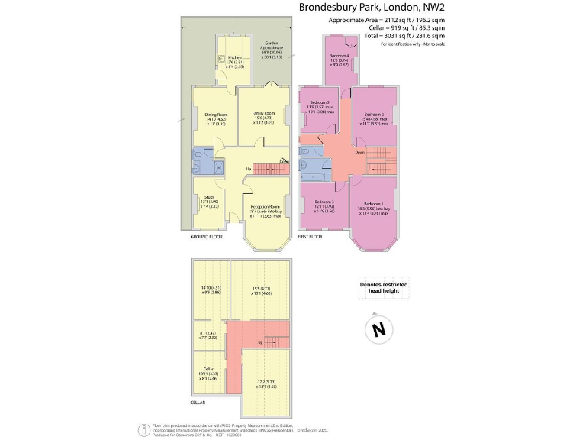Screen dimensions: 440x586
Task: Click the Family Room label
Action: pyautogui.click(x=263, y=113)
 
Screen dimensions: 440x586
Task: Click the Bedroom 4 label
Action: pyautogui.click(x=340, y=57)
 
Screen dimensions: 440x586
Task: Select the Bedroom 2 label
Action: pyautogui.click(x=372, y=114)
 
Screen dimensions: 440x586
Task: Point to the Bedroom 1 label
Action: pyautogui.click(x=372, y=204)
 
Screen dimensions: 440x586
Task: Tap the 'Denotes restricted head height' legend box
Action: pyautogui.click(x=383, y=287)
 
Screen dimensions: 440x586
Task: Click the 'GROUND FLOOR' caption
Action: pyautogui.click(x=205, y=238)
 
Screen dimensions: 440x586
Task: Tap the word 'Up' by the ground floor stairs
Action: pyautogui.click(x=248, y=169)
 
